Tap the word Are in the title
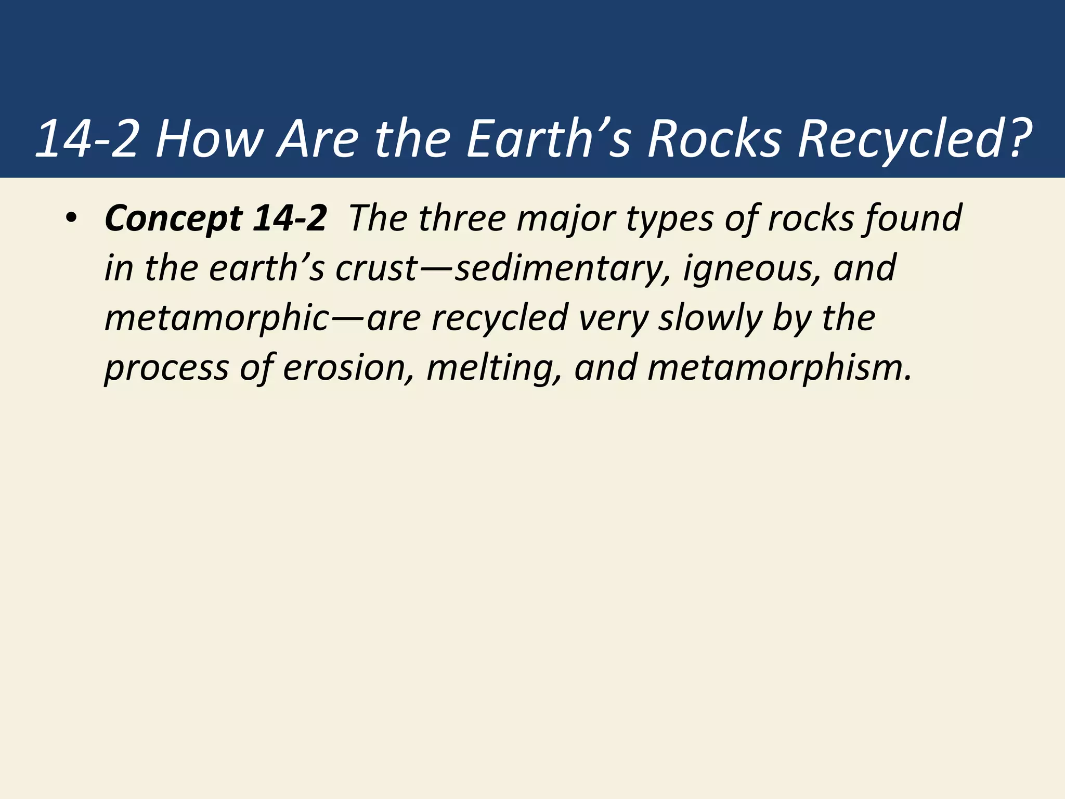318,139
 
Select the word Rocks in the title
715,139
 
